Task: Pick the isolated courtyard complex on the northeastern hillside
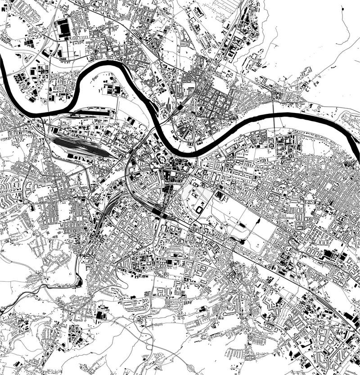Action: pyautogui.click(x=306, y=72)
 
